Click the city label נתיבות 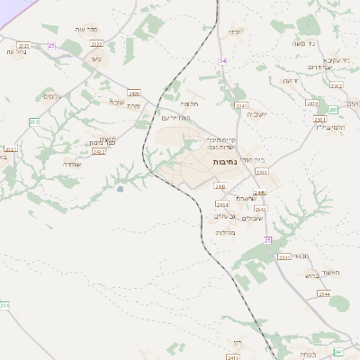coord(225,160)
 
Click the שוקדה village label coord(73,164)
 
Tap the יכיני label coord(235,32)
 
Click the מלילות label coord(225,232)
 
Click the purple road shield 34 coord(221,60)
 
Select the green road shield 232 coord(34,121)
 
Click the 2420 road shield coord(134,93)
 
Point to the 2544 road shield coord(324,294)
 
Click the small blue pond coord(120,189)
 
